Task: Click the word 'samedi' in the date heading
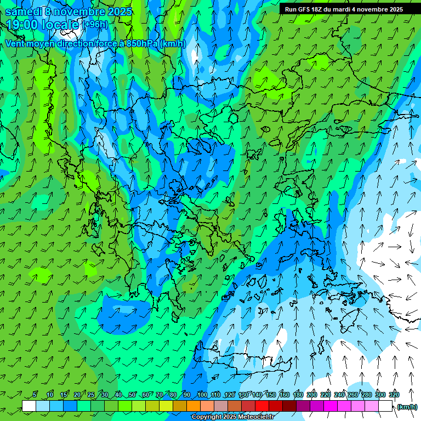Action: [25, 12]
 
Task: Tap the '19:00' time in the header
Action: [22, 25]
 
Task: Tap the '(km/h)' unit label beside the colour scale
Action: [406, 407]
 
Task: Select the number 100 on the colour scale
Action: [202, 395]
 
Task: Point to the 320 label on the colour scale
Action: [394, 395]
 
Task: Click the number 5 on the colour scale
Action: [35, 395]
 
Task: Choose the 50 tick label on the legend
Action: [132, 395]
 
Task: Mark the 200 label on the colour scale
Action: [311, 395]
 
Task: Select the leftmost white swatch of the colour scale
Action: [29, 406]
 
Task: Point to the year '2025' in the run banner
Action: [393, 9]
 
